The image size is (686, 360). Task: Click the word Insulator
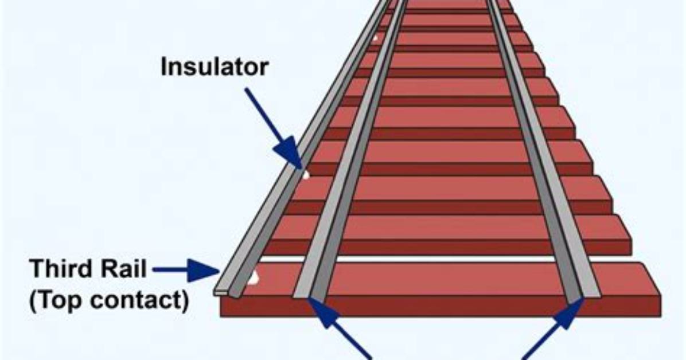[x=215, y=67]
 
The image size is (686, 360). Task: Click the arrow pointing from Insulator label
[x=273, y=128]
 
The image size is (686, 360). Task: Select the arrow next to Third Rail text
[x=186, y=270]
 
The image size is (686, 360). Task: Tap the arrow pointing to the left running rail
[x=340, y=328]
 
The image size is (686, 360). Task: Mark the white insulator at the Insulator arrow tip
[x=306, y=175]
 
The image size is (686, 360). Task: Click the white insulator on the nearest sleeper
[x=253, y=277]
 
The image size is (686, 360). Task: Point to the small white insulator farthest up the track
[x=375, y=38]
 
